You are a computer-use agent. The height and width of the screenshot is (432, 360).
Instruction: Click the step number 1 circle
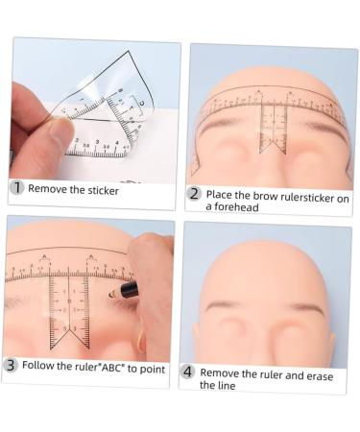click(16, 188)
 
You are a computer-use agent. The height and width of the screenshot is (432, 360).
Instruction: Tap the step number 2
click(194, 194)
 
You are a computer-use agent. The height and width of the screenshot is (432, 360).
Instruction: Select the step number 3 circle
click(11, 365)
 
